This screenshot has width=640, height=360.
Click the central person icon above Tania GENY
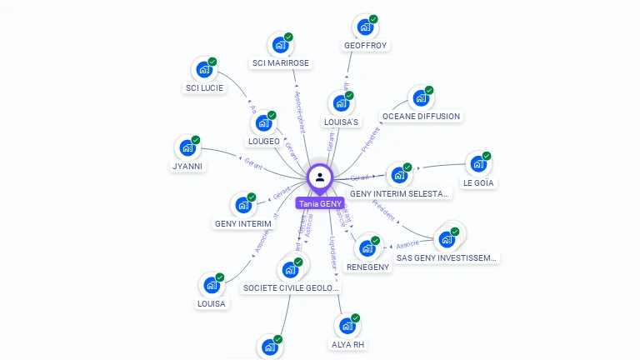pyautogui.click(x=320, y=177)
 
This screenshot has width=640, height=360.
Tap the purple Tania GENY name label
pyautogui.click(x=320, y=203)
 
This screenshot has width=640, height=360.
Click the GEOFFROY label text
pyautogui.click(x=365, y=45)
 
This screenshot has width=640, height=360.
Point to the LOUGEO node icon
pyautogui.click(x=263, y=123)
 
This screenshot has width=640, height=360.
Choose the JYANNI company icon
pyautogui.click(x=187, y=148)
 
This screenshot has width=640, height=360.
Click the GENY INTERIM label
pyautogui.click(x=243, y=223)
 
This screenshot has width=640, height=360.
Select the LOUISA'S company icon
pyautogui.click(x=341, y=104)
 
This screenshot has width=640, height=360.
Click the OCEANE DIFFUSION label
pyautogui.click(x=421, y=116)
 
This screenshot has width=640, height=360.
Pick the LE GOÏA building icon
pyautogui.click(x=478, y=164)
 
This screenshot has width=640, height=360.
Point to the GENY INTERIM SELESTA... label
pyautogui.click(x=400, y=193)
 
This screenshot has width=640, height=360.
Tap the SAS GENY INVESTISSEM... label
pyautogui.click(x=447, y=257)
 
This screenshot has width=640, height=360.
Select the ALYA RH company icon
pyautogui.click(x=347, y=326)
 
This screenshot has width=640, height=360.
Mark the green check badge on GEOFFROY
pyautogui.click(x=373, y=19)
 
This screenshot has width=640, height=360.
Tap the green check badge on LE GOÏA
pyautogui.click(x=487, y=156)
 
